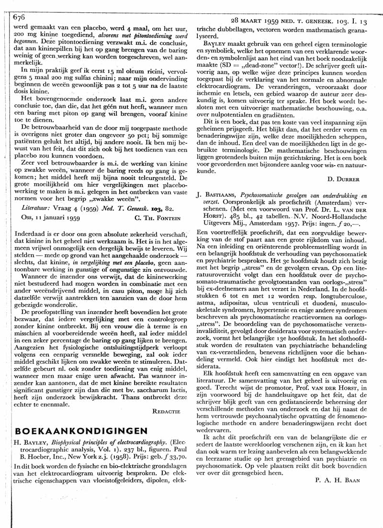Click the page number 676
(18, 16)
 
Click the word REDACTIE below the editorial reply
(166, 398)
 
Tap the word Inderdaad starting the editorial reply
(31, 233)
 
